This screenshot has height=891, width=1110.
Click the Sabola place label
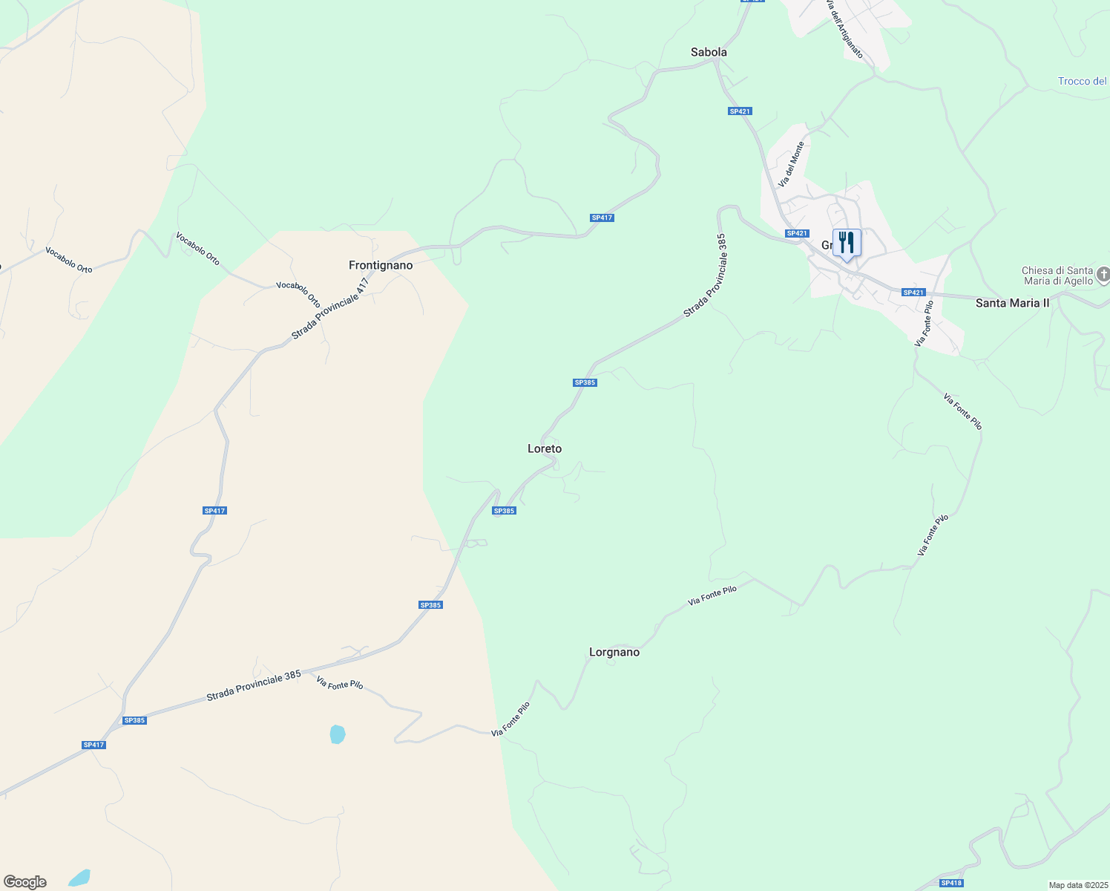coord(709,52)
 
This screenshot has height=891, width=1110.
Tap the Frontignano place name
coord(381,265)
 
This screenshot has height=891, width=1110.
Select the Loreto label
coord(545,448)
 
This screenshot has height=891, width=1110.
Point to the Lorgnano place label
coord(614,652)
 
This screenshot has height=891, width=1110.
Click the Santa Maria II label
coord(1012,303)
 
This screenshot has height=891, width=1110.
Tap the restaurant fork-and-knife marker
coord(846,243)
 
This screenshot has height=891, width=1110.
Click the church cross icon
coord(1103,275)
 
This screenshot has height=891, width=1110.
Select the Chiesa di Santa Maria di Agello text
coord(1057,275)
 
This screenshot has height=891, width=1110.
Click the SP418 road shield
coord(950,883)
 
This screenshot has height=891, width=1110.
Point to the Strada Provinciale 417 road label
coord(330,309)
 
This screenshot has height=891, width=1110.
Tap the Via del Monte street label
coord(791,164)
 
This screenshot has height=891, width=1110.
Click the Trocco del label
coord(1082,81)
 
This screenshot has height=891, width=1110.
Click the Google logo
coord(25,882)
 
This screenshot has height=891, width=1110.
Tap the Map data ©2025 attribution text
coord(1077,885)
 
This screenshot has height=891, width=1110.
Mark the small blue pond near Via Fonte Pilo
coord(338,734)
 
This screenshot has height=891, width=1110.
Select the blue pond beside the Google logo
coord(79,878)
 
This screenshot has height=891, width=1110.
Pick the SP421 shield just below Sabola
coord(740,111)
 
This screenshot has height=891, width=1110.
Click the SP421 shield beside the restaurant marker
coord(796,233)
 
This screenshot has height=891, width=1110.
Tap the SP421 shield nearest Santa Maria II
coord(913,293)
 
